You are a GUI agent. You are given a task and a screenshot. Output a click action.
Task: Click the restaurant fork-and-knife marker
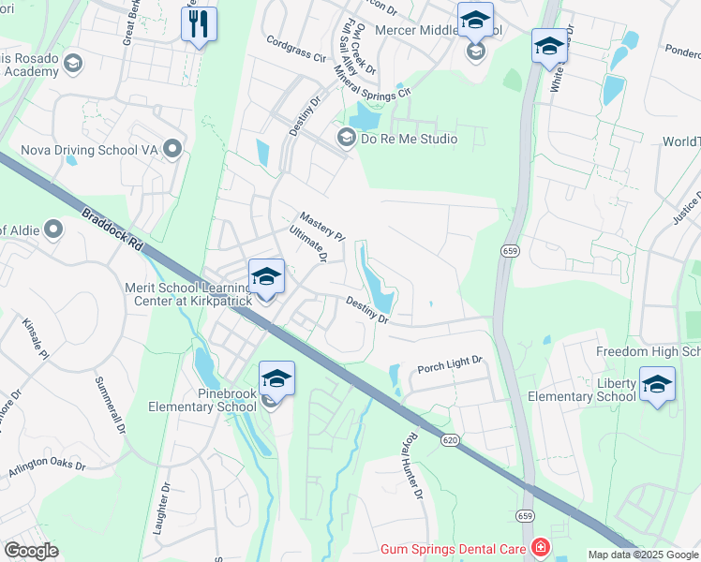pyautogui.click(x=198, y=23)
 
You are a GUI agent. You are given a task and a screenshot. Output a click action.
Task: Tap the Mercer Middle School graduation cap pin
pyautogui.click(x=475, y=21)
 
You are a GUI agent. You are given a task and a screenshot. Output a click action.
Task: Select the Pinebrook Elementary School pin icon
pyautogui.click(x=276, y=378)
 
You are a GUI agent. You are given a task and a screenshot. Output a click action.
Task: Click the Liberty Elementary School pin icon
pyautogui.click(x=656, y=384)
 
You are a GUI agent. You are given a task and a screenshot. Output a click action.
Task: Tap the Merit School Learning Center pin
pyautogui.click(x=267, y=276)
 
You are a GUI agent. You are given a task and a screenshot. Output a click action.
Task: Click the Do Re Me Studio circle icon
pyautogui.click(x=346, y=139)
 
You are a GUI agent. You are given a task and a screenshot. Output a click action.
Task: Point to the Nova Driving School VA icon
pyautogui.click(x=172, y=149)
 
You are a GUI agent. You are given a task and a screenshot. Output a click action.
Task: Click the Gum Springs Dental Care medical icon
pyautogui.click(x=540, y=547)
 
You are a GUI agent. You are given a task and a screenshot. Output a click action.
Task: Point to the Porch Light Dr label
pyautogui.click(x=449, y=361)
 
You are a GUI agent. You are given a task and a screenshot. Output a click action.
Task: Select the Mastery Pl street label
pyautogui.click(x=322, y=224)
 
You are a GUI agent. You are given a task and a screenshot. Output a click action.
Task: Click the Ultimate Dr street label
pyautogui.click(x=308, y=243)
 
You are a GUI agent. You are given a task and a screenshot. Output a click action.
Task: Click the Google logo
pyautogui.click(x=31, y=551)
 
